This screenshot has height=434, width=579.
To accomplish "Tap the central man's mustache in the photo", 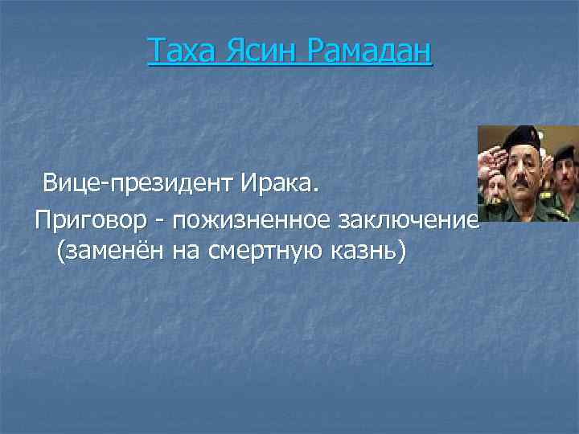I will pos(523,184).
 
